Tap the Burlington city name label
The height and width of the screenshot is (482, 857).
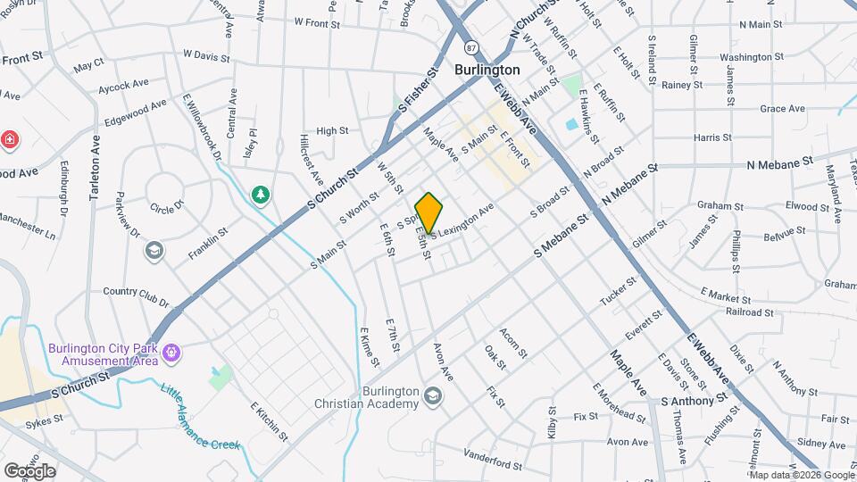point(487,69)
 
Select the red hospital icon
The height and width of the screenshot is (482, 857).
point(10,139)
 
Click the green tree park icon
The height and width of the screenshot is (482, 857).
point(261,194)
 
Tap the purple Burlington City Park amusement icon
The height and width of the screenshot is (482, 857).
point(171,355)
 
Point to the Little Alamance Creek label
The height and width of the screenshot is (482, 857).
point(201,417)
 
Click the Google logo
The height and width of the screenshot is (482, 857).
point(29,470)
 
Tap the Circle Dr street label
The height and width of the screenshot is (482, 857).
point(167,206)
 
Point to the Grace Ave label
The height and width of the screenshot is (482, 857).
point(783,109)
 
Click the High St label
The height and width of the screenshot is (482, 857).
point(332,131)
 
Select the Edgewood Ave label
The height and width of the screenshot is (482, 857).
point(136,111)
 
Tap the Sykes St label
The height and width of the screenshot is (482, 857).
point(42,424)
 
